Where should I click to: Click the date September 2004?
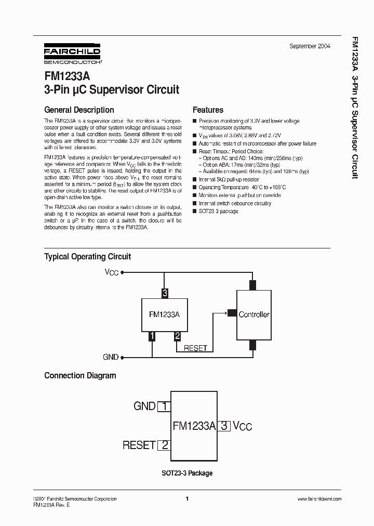point(310,46)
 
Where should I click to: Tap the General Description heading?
point(79,110)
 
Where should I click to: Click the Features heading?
point(208,110)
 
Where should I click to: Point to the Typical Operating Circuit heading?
point(87,256)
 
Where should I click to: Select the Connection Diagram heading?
point(80,375)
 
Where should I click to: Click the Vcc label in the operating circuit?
point(112,272)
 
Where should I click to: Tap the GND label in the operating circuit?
point(111,357)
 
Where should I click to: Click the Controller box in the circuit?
point(253,314)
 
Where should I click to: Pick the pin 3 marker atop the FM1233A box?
point(165,293)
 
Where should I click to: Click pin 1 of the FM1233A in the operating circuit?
point(152,336)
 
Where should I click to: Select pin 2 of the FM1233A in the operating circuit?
point(177,336)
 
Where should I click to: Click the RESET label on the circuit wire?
point(195,348)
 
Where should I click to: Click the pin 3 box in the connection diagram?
point(224,426)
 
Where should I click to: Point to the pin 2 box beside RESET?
point(164,445)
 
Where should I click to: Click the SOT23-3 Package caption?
point(186,473)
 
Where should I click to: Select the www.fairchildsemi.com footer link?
point(319,499)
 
